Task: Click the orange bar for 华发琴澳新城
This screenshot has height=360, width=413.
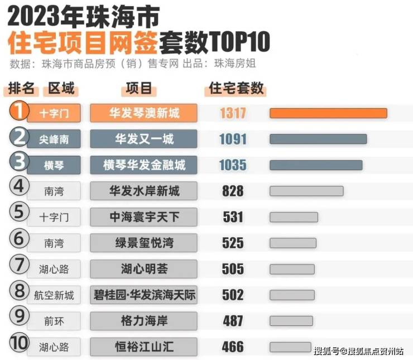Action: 328,113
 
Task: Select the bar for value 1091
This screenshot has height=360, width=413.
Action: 318,139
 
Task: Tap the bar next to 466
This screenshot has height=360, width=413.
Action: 290,347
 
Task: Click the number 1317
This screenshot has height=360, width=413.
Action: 233,113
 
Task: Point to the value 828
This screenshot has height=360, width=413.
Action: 233,191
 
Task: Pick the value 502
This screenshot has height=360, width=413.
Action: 233,295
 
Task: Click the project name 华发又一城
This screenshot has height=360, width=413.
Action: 144,139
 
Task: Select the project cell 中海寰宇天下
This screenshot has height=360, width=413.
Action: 144,217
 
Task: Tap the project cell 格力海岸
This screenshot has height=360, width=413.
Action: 144,321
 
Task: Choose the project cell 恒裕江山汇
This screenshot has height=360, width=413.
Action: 144,347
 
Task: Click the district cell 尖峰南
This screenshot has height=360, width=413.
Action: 54,139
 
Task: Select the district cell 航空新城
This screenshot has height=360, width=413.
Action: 54,295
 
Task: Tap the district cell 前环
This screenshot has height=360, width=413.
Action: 54,321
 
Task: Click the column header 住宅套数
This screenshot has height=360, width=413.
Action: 236,89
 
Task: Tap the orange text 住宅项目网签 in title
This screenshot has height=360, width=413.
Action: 83,43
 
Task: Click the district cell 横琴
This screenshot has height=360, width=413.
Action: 54,165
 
